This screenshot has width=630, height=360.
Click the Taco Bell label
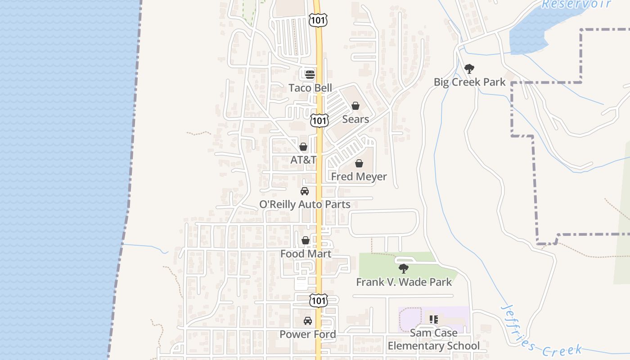click(x=310, y=88)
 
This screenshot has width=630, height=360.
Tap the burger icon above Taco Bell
click(x=310, y=74)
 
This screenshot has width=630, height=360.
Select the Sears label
click(x=355, y=119)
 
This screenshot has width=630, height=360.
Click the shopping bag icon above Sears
click(x=355, y=106)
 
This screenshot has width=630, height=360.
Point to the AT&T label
click(x=303, y=160)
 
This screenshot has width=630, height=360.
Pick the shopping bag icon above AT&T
click(x=303, y=147)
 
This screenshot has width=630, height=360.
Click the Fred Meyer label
click(x=359, y=176)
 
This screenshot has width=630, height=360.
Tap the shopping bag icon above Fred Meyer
click(x=359, y=163)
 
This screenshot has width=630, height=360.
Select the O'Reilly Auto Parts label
click(x=305, y=204)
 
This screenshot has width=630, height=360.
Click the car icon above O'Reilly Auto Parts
click(x=305, y=191)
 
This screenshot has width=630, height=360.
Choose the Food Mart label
click(x=306, y=254)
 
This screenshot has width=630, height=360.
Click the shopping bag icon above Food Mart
click(x=306, y=240)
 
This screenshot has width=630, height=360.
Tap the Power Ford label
click(x=308, y=334)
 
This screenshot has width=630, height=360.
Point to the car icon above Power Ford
click(x=308, y=321)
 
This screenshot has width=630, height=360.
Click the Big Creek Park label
click(x=469, y=82)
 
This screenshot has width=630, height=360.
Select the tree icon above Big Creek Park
click(x=469, y=69)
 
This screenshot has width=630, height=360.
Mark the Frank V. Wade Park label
click(x=404, y=282)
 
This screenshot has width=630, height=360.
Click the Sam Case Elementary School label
click(x=434, y=339)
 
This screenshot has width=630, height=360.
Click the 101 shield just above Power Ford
click(x=319, y=300)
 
